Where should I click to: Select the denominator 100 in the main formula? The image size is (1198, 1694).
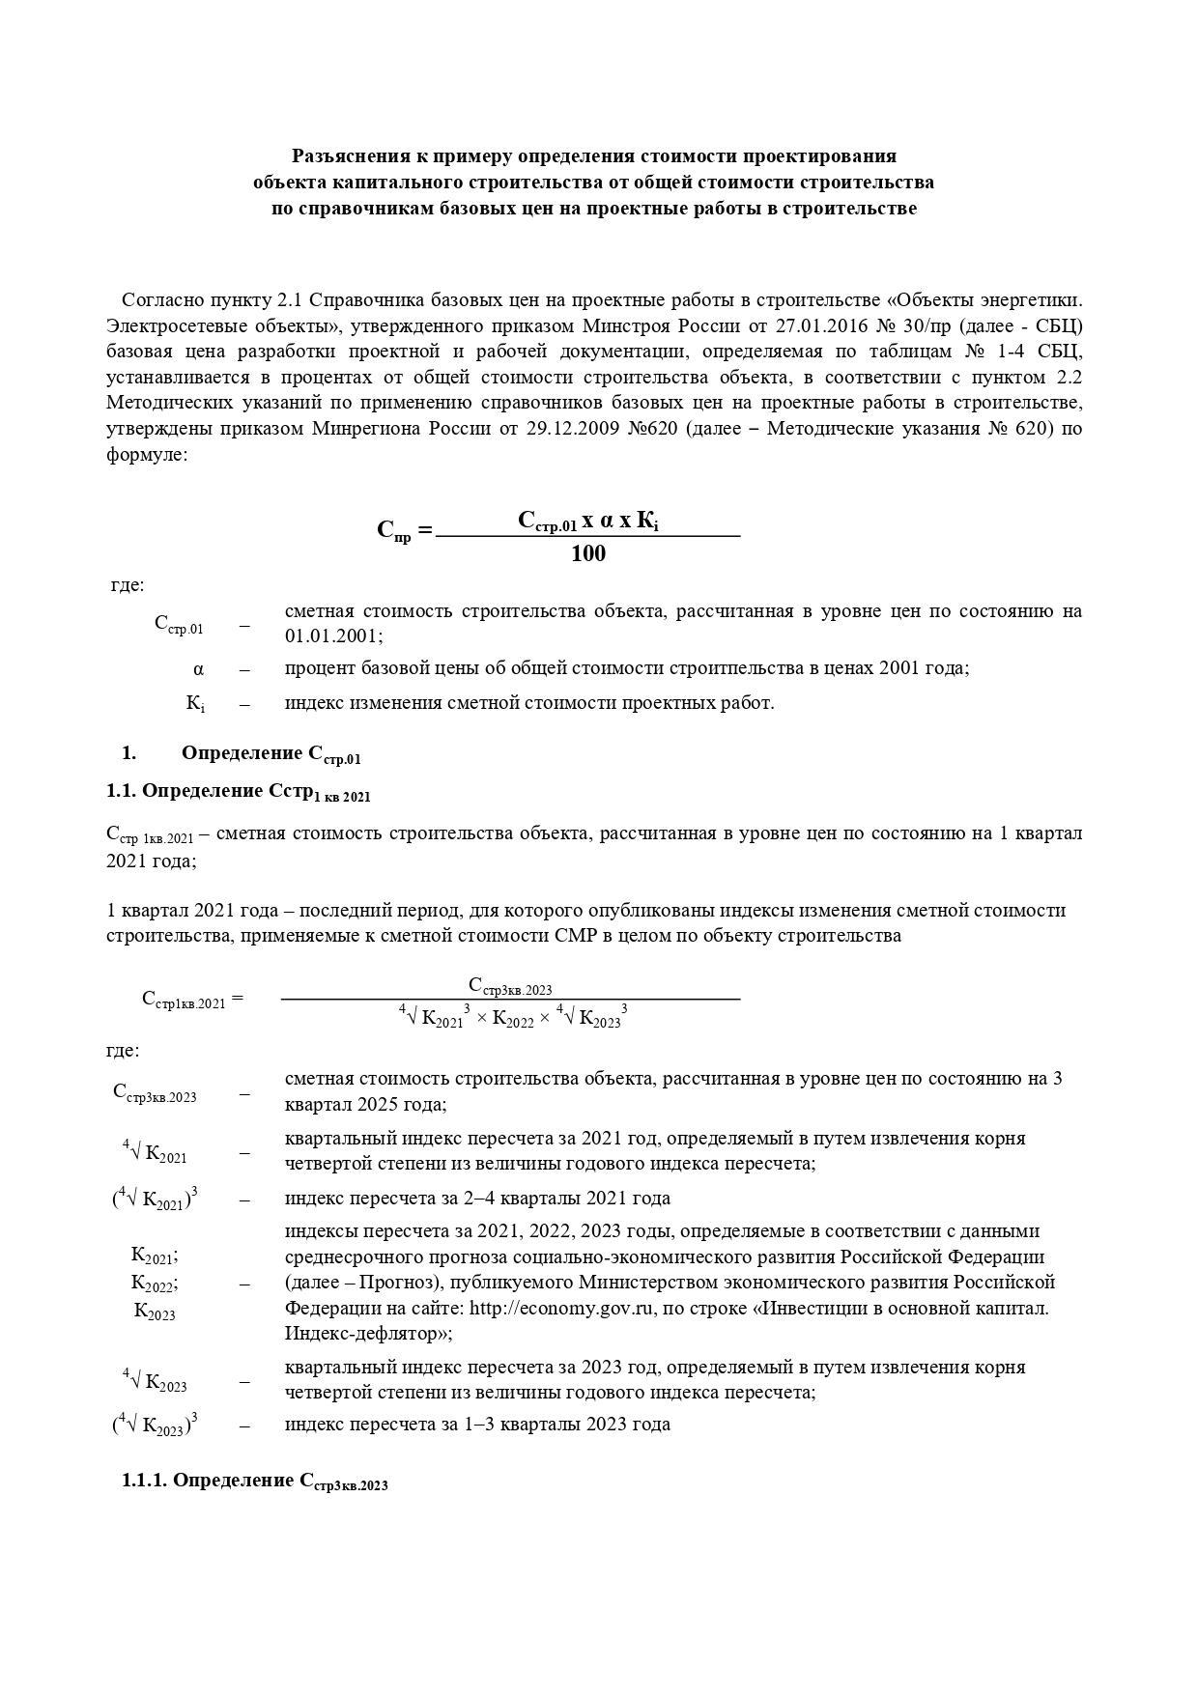pos(587,553)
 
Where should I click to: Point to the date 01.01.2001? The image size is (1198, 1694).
pos(330,636)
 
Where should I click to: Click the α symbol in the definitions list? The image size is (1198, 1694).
pos(198,669)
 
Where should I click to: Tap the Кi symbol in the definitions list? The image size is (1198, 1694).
pos(195,704)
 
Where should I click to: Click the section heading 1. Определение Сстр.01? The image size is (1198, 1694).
pos(271,754)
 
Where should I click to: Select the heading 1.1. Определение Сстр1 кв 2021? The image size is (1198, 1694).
pos(239,793)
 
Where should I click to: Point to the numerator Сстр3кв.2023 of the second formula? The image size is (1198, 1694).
pos(510,986)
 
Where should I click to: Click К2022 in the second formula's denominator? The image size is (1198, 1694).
pos(512,1019)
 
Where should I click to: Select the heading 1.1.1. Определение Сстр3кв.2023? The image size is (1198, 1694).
pos(255,1482)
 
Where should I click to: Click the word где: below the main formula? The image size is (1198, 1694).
pos(128,585)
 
